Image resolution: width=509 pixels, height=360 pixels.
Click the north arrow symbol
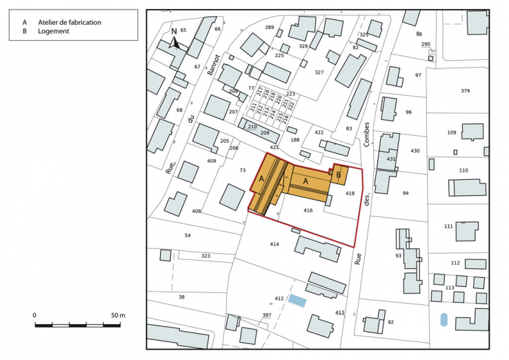pyautogui.click(x=175, y=41)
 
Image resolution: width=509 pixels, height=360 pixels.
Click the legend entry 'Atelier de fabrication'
pyautogui.click(x=70, y=22)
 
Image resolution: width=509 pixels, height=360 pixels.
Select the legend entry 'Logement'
pyautogui.click(x=54, y=31)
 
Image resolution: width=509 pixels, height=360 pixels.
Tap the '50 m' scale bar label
pyautogui.click(x=118, y=315)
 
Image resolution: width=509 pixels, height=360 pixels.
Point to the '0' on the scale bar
pyautogui.click(x=34, y=315)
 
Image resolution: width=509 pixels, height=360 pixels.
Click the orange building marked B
pyautogui.click(x=339, y=175)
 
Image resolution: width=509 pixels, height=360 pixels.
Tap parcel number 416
pyautogui.click(x=308, y=210)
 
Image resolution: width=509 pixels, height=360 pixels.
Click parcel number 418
pyautogui.click(x=350, y=194)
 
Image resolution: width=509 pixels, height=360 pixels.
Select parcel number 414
pyautogui.click(x=275, y=244)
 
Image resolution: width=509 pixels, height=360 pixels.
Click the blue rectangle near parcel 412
pyautogui.click(x=297, y=300)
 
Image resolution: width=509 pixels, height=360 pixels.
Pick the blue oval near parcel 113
pyautogui.click(x=443, y=320)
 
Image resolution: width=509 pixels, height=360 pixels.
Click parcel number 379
pyautogui.click(x=466, y=91)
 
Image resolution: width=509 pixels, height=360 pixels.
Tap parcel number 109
pyautogui.click(x=452, y=132)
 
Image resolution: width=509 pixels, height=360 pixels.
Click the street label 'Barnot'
pyautogui.click(x=216, y=67)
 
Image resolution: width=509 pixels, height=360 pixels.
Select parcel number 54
pyautogui.click(x=187, y=235)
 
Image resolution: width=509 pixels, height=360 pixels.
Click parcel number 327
pyautogui.click(x=319, y=72)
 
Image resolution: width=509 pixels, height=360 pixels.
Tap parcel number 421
pyautogui.click(x=275, y=147)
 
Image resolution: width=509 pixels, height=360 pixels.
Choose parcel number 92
pyautogui.click(x=390, y=322)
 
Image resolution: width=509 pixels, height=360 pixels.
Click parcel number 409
pyautogui.click(x=211, y=161)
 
